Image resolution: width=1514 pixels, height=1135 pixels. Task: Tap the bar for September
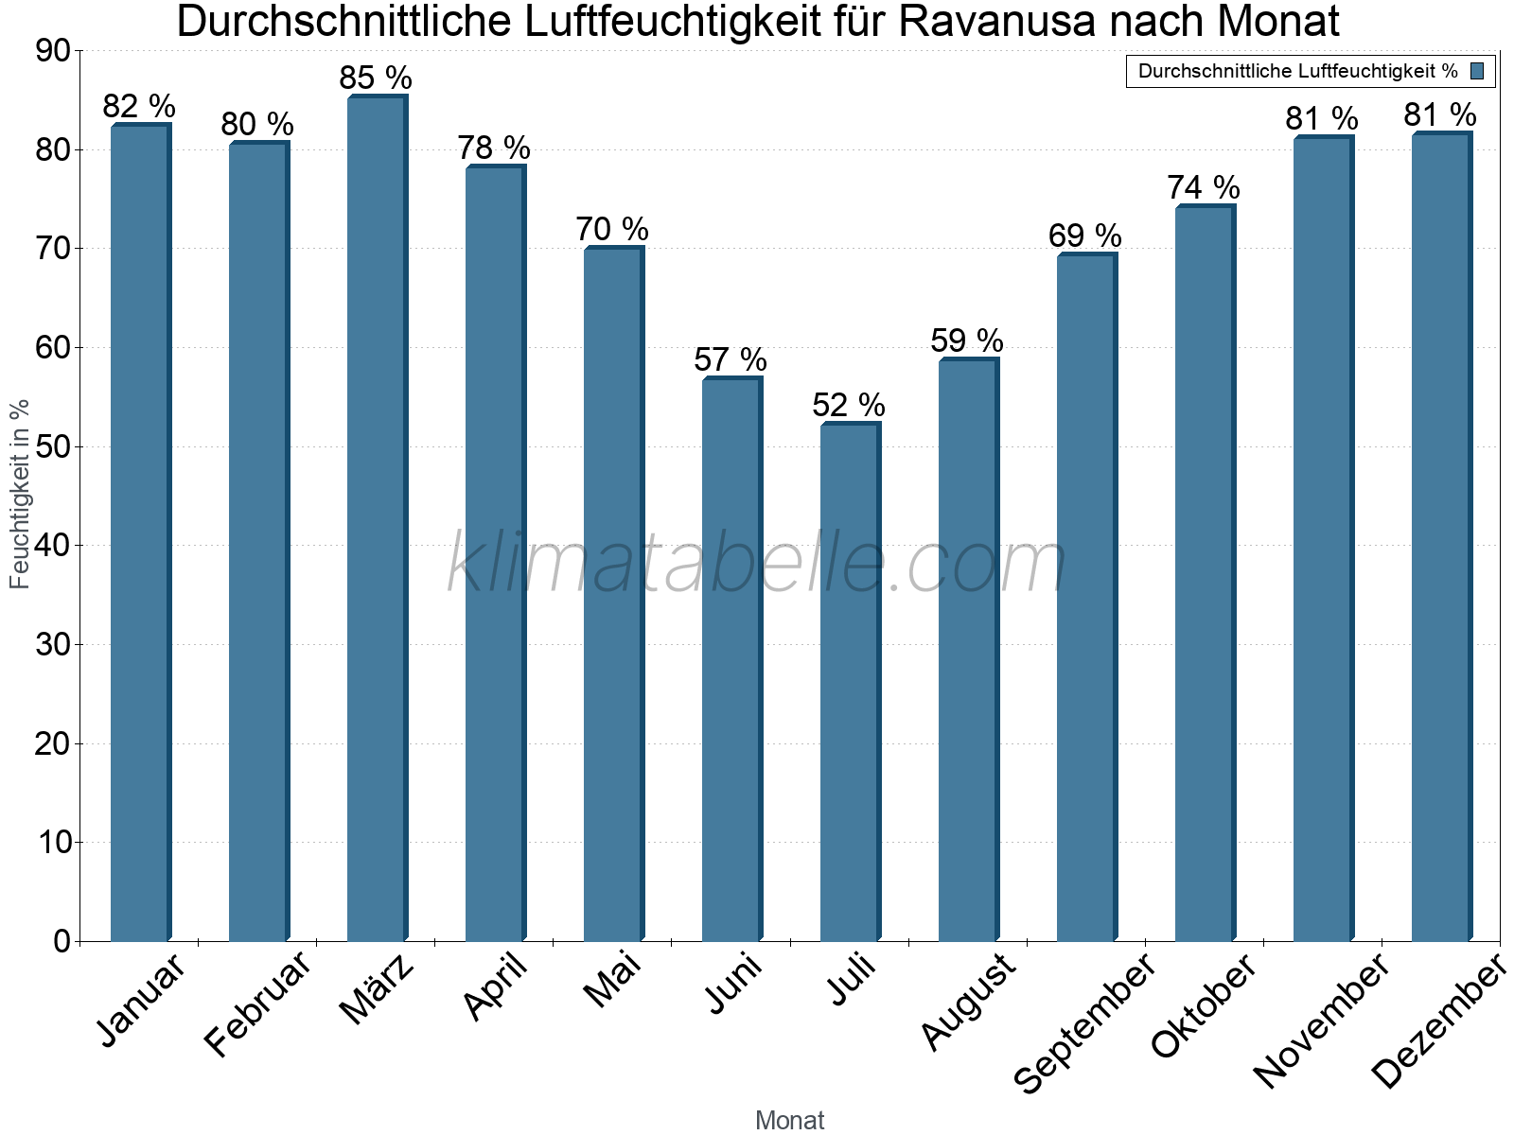(x=1086, y=598)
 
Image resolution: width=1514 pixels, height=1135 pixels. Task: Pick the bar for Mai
(x=613, y=594)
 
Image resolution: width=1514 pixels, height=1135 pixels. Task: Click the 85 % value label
(x=376, y=78)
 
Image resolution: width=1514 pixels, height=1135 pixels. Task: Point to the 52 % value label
(x=849, y=406)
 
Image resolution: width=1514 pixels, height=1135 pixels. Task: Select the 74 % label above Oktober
(x=1204, y=188)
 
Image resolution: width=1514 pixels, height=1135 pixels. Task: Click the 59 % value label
(x=967, y=340)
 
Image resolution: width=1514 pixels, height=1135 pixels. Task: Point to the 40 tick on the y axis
(x=53, y=546)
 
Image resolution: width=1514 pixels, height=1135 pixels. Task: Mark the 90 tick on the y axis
(x=53, y=51)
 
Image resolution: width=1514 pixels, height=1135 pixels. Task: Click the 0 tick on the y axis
(x=62, y=941)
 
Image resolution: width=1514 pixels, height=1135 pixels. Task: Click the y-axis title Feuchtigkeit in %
(x=20, y=494)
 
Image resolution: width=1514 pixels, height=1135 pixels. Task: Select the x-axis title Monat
(x=790, y=1121)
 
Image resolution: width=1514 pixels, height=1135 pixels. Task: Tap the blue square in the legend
(x=1477, y=71)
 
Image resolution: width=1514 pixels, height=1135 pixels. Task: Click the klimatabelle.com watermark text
(x=757, y=564)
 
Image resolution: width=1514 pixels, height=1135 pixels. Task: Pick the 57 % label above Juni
(x=731, y=360)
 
